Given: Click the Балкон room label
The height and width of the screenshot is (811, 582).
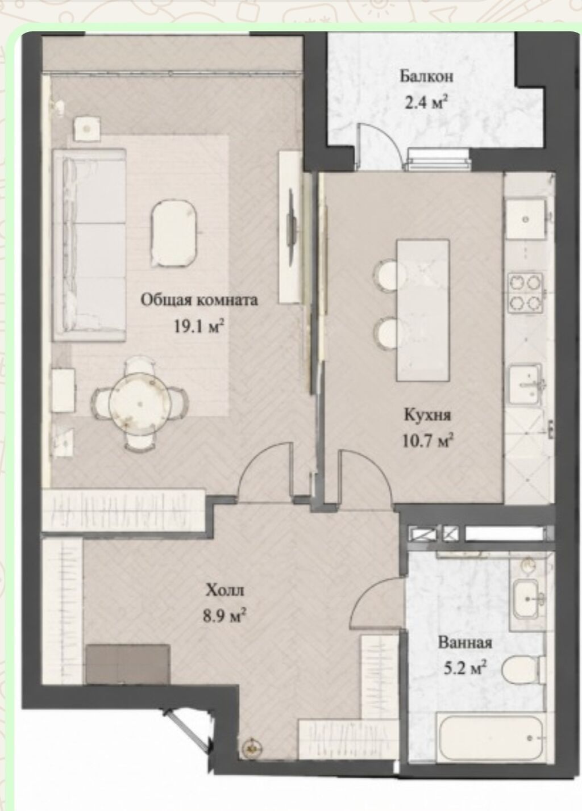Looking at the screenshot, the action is coord(426,77).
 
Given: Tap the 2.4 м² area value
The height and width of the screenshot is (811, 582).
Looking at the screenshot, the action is coord(424,103).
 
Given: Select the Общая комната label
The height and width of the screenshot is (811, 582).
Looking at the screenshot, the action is coord(199,301).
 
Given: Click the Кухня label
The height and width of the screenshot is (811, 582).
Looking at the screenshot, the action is coord(427,416).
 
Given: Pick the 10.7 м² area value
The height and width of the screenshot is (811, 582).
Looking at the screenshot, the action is coord(428,441).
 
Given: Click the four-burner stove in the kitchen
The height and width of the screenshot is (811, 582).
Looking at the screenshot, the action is coord(526,294).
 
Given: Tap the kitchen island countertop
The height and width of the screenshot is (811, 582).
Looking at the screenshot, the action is coord(423,310).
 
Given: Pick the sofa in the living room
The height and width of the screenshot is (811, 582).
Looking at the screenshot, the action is coord(89,245).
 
